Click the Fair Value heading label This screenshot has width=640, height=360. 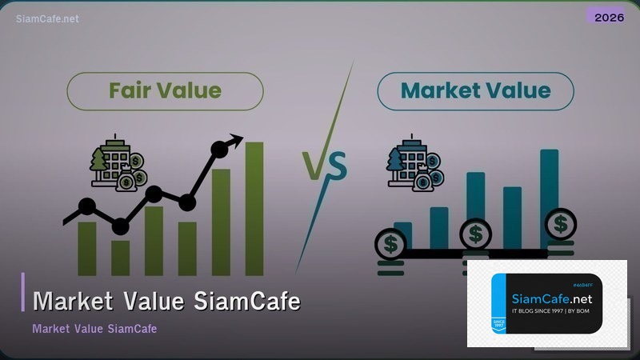[x=165, y=90]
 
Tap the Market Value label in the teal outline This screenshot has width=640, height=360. [x=475, y=90]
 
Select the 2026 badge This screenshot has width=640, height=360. [x=610, y=17]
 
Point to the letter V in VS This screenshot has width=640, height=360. [x=314, y=166]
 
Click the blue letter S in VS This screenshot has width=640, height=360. [x=336, y=168]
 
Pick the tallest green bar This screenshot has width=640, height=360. [x=254, y=208]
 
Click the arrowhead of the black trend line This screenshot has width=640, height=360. [x=235, y=141]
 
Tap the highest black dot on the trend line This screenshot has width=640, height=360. [x=218, y=149]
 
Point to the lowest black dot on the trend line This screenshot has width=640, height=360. [x=120, y=227]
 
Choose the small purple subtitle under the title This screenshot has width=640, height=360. [x=94, y=329]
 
